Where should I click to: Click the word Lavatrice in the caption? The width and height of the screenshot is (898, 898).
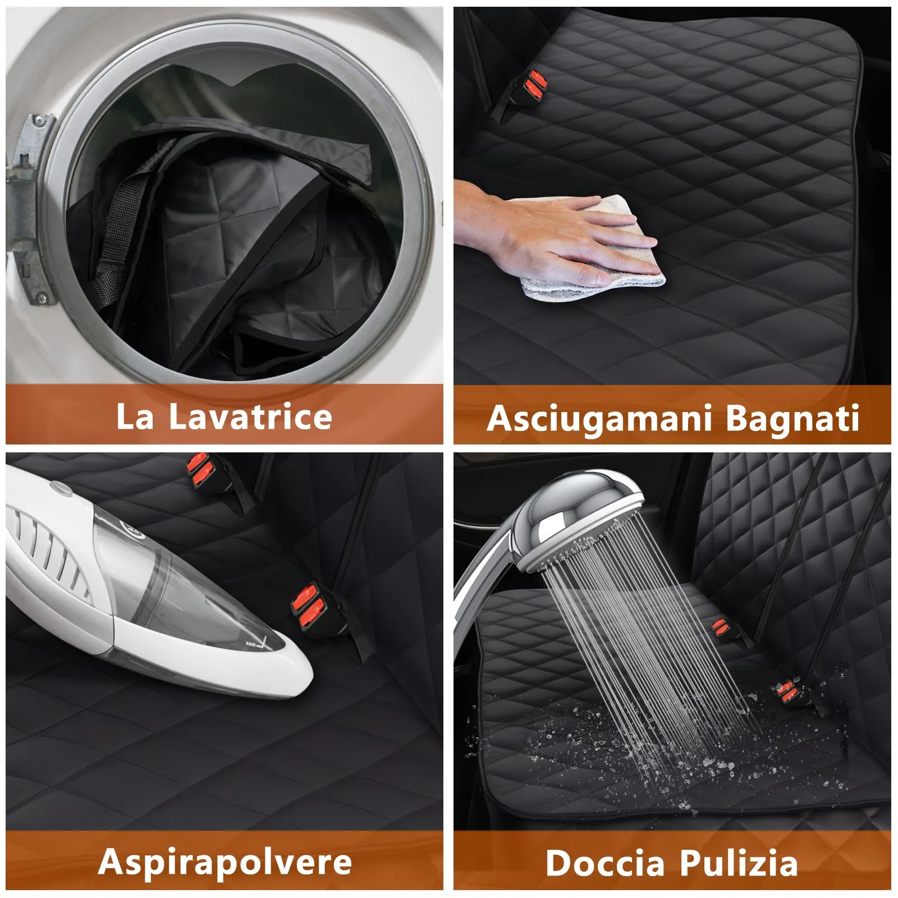250,416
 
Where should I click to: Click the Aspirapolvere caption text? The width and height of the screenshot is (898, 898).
224,863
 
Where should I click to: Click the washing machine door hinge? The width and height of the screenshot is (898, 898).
28,208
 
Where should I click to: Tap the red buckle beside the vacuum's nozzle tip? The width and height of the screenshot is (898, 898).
307,604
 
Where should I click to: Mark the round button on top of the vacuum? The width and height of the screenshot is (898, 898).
63,491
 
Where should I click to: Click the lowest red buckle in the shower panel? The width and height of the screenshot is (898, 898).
789,690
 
